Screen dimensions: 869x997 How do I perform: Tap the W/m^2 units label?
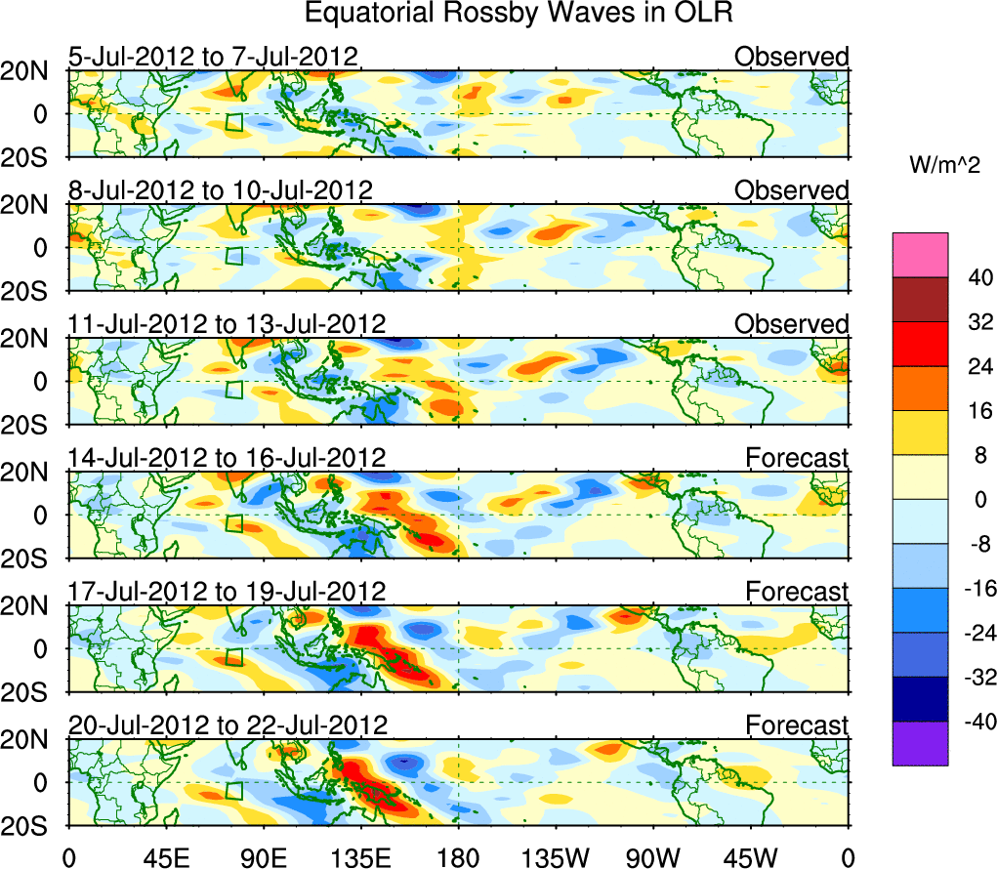[x=944, y=165]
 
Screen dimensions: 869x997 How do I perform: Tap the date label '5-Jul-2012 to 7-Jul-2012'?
[x=214, y=57]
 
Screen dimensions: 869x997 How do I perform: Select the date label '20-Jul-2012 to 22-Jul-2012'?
[x=228, y=724]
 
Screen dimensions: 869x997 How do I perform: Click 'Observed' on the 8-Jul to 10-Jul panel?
[x=791, y=190]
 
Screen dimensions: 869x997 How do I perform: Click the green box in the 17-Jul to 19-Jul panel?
[x=233, y=656]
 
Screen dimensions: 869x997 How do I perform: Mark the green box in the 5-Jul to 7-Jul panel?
[x=233, y=122]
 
